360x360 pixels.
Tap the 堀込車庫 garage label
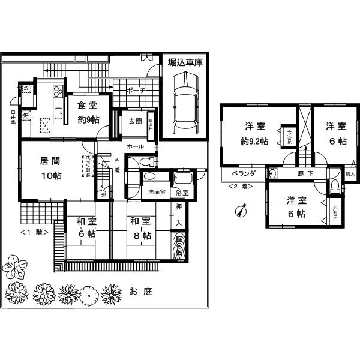pos(185,62)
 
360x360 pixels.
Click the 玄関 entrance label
pos(135,121)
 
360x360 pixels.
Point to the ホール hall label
pos(134,146)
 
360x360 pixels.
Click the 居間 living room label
pos(50,161)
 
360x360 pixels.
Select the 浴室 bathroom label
pos(182,193)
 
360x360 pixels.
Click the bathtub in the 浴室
pos(182,179)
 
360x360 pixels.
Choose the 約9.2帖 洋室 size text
pos(256,142)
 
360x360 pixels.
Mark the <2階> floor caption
pos(240,187)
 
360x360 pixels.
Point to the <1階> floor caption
pos(34,232)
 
